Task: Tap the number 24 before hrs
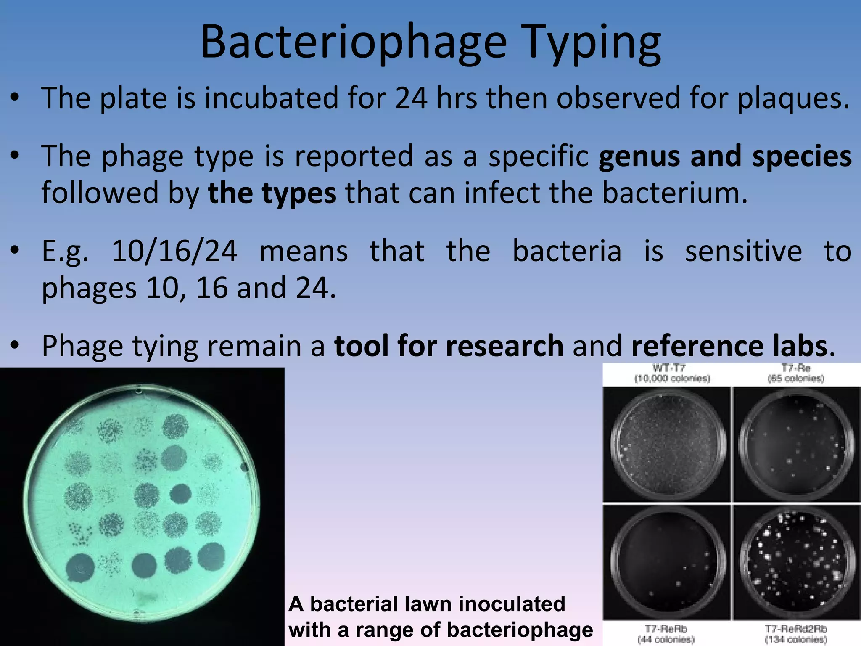tap(411, 98)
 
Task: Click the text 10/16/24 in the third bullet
tap(174, 251)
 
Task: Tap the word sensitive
tap(743, 251)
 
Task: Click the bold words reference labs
tap(729, 346)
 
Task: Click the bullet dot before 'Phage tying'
tap(15, 346)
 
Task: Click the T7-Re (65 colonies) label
tap(795, 373)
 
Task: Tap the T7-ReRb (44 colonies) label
tap(666, 634)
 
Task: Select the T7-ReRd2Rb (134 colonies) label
tap(795, 634)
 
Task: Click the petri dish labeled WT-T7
tap(667, 445)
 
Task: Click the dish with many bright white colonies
tap(796, 563)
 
